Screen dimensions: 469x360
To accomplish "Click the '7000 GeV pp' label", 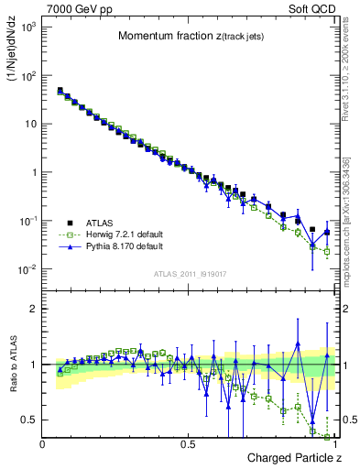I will point(76,8).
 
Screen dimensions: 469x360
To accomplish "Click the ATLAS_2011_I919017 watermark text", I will point(189,273).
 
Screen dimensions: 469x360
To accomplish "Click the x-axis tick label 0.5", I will point(188,443).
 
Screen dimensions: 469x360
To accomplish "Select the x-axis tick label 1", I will point(333,443).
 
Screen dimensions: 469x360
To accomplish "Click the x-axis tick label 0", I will point(43,443).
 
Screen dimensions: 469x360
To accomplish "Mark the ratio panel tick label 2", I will point(33,309).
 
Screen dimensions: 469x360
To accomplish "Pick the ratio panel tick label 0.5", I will point(29,420).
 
